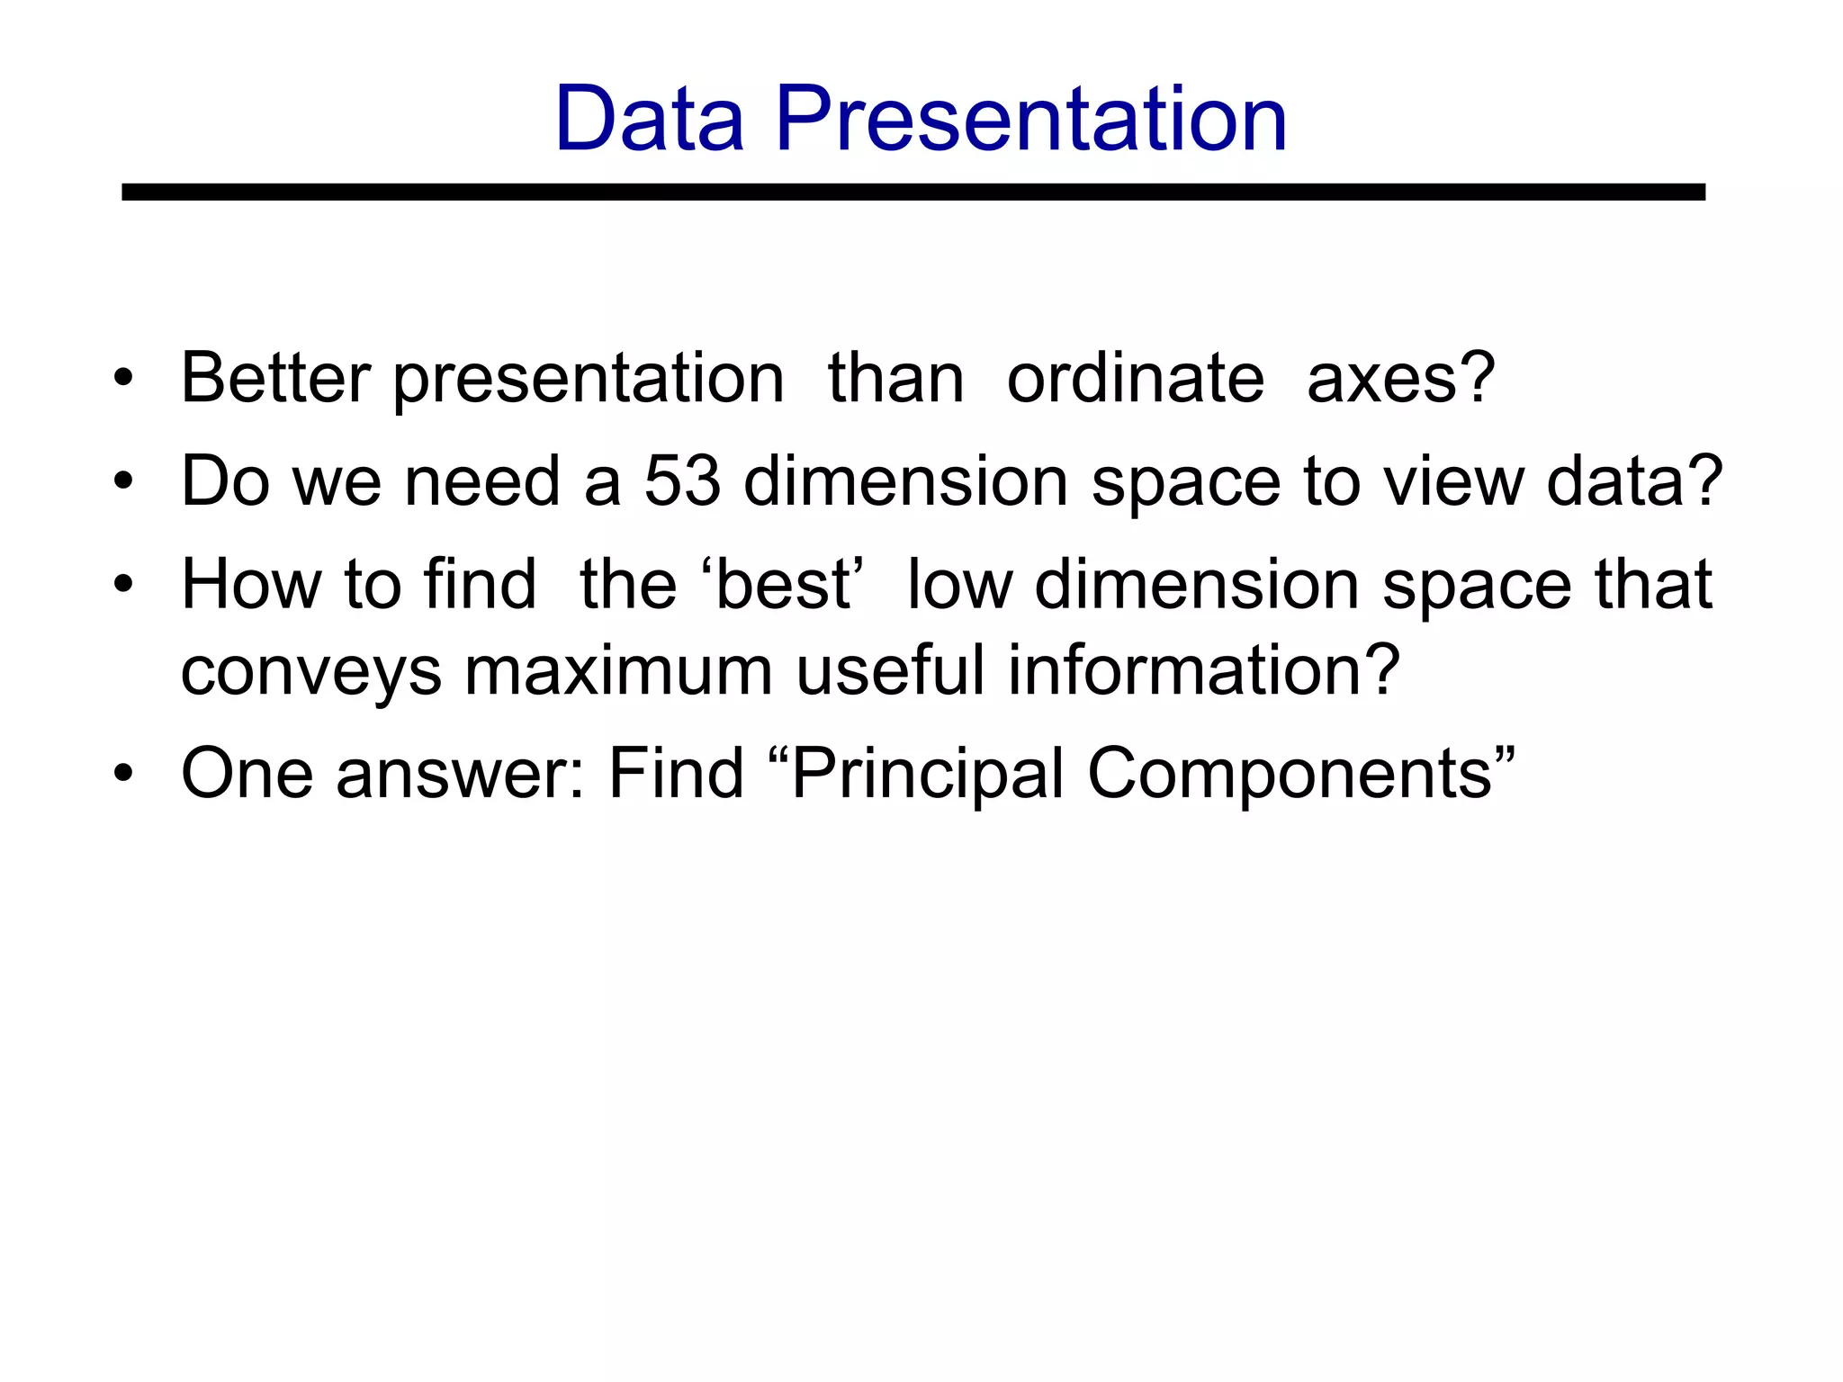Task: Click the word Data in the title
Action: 650,119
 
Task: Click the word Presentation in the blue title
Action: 1031,119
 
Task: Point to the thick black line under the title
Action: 913,192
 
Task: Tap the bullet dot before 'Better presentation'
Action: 123,378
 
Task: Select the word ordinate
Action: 1135,378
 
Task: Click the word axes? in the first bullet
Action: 1400,378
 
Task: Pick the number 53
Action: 682,481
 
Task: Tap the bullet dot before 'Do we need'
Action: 123,481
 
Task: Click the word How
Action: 251,585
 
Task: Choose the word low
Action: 960,585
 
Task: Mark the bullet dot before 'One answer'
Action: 123,774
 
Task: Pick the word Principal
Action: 928,774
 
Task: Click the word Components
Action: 1290,774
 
